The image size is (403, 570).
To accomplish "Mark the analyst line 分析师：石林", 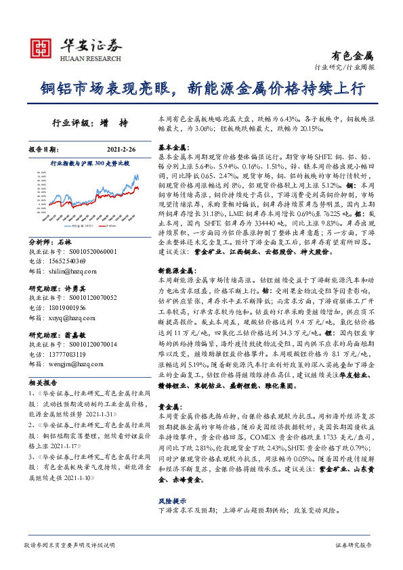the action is (x=51, y=242).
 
